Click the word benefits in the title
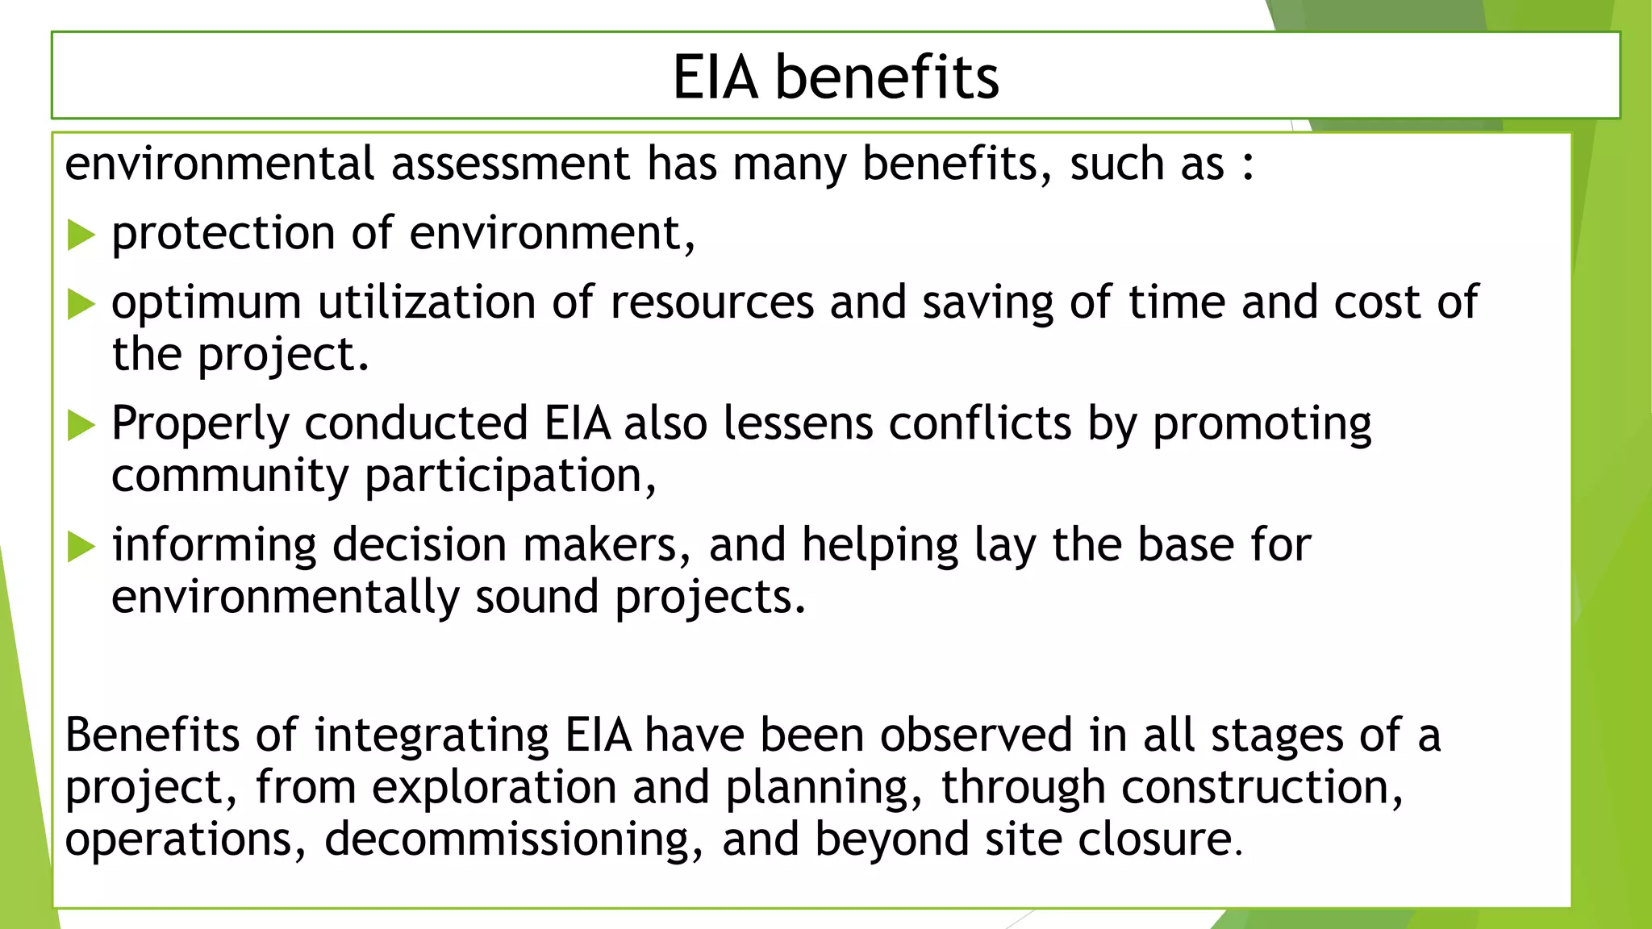[886, 77]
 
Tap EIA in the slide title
[715, 77]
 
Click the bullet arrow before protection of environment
[81, 235]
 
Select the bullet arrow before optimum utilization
[81, 304]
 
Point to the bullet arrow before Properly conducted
[81, 425]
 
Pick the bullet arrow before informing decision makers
[81, 546]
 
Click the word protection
[223, 234]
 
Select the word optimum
[206, 304]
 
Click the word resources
[712, 303]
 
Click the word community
[230, 476]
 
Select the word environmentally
[285, 598]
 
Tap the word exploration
[494, 787]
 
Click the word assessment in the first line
[510, 164]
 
